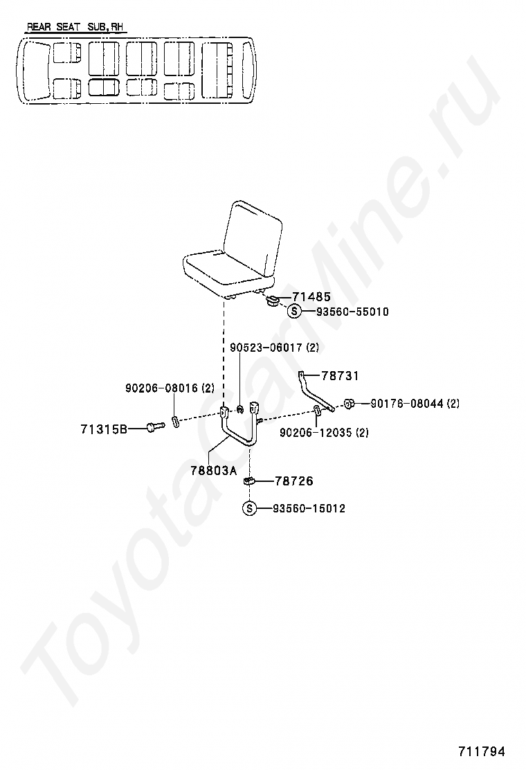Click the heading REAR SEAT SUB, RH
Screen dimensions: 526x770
76,28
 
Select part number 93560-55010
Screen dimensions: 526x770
352,312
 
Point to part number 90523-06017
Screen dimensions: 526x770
266,347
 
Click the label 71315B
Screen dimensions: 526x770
104,429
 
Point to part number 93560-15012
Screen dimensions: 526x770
309,509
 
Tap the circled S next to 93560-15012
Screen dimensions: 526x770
249,509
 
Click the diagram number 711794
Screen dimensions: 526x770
482,751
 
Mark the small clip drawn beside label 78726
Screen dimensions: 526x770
250,480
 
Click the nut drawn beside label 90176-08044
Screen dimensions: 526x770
350,403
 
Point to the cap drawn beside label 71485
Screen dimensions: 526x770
273,301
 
